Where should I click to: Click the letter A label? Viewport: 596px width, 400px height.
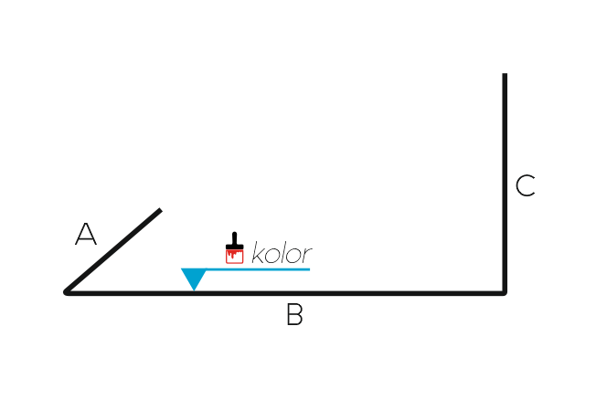tap(86, 235)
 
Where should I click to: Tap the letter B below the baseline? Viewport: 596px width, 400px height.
tap(294, 314)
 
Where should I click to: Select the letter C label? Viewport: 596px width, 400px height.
tap(526, 185)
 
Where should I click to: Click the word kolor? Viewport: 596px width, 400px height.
tap(282, 252)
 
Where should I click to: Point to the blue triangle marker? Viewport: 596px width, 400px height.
tap(194, 278)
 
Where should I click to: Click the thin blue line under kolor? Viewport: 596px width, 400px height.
tap(258, 269)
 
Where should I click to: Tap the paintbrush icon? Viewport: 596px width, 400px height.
tap(235, 247)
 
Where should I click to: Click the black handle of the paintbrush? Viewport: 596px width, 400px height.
tap(235, 241)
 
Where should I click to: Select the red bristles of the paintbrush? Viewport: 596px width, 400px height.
tap(235, 257)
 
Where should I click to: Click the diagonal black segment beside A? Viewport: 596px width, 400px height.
tap(112, 251)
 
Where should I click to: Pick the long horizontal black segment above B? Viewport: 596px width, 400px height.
tap(285, 293)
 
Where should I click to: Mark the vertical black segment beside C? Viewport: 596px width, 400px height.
tap(505, 183)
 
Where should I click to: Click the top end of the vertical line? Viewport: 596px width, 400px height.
tap(505, 74)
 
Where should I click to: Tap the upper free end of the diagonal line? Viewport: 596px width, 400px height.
tap(160, 210)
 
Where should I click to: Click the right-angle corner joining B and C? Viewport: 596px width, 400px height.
tap(505, 293)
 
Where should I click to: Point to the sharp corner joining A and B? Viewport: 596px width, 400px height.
tap(66, 292)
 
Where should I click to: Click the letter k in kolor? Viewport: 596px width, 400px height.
tap(257, 252)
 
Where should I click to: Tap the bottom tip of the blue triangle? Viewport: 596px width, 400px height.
tap(194, 290)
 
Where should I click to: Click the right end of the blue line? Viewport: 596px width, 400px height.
tap(309, 269)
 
